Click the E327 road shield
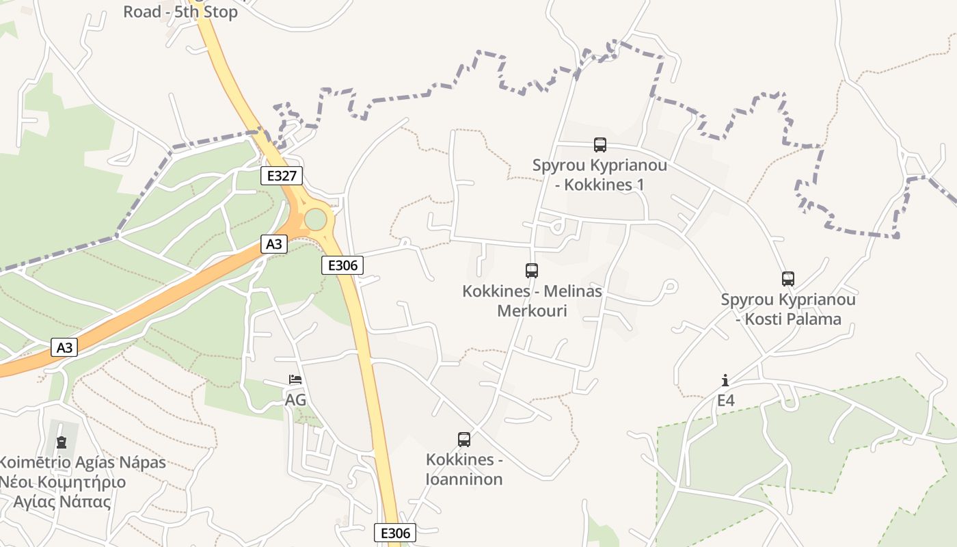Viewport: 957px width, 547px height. tap(282, 176)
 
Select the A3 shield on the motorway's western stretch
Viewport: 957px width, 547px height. tap(64, 348)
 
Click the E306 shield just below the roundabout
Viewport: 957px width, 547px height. tap(342, 265)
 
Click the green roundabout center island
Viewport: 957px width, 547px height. tap(316, 219)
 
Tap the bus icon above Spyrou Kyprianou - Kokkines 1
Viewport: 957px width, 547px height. tap(599, 145)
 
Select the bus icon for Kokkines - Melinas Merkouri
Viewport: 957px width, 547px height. tap(532, 271)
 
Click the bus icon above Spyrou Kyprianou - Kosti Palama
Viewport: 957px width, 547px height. tap(788, 279)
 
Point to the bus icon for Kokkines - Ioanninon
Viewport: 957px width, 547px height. tap(464, 440)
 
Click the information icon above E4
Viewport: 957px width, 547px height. tap(725, 380)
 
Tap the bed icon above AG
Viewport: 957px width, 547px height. tap(295, 379)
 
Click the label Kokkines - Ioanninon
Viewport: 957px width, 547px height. tap(464, 469)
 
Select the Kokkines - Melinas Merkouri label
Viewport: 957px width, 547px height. tap(532, 301)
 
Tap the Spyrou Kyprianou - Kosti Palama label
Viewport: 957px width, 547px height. tap(788, 309)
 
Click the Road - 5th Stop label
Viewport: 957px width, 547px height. tap(180, 12)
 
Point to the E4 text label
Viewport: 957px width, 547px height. tap(725, 400)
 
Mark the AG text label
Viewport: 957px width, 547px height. tap(295, 400)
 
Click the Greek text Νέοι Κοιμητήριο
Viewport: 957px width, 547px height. tap(63, 482)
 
